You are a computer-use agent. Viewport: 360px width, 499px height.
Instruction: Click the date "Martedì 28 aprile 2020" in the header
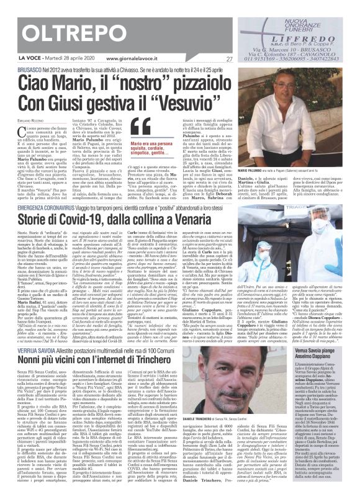[59, 60]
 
